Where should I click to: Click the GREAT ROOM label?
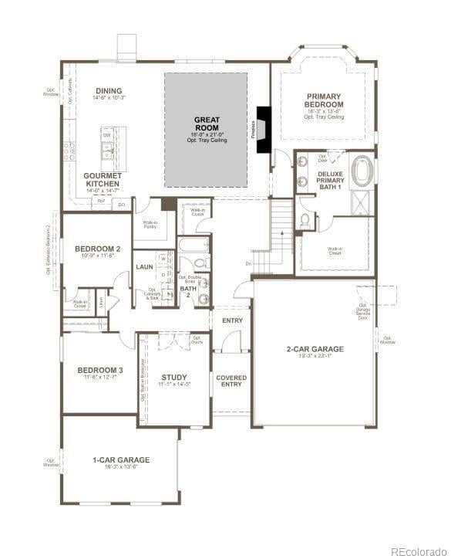coord(206,124)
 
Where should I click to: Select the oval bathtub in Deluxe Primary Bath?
coord(362,171)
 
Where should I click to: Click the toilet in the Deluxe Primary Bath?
coord(305,221)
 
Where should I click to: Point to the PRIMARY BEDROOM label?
coord(323,100)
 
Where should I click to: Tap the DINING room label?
coord(109,90)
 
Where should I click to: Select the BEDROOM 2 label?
coord(97,249)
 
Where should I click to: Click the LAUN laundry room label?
coord(144,266)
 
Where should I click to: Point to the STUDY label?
coord(174,377)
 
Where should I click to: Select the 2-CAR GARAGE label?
coord(315,349)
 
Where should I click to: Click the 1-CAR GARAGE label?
coord(121,459)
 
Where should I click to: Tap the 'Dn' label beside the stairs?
coord(248,263)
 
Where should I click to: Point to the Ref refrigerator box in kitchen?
coord(101,199)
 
